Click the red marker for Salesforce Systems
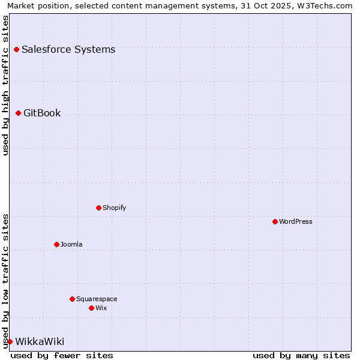click(x=16, y=49)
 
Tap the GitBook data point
click(x=18, y=113)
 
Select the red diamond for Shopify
click(x=98, y=208)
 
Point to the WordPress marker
click(x=275, y=221)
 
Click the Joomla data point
click(x=56, y=244)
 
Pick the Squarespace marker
click(x=72, y=299)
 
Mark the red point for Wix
click(x=91, y=308)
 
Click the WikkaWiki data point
click(x=10, y=341)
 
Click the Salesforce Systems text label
click(x=68, y=49)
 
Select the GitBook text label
click(x=42, y=113)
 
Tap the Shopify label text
click(x=114, y=208)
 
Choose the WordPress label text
click(x=296, y=221)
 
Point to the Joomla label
click(x=71, y=244)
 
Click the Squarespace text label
click(x=97, y=299)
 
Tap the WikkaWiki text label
click(x=40, y=341)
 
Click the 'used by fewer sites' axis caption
click(x=62, y=355)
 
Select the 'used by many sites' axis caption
click(x=301, y=355)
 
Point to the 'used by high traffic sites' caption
click(x=6, y=85)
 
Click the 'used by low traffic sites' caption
click(x=6, y=281)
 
